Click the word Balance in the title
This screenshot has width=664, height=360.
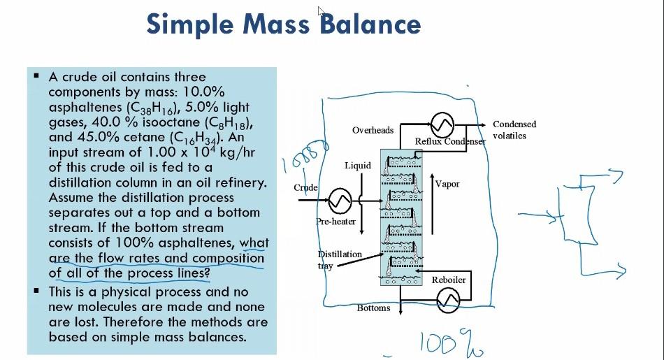click(370, 24)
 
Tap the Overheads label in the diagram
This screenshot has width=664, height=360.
click(373, 130)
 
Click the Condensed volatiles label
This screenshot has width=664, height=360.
click(514, 130)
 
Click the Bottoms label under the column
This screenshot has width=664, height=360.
click(373, 308)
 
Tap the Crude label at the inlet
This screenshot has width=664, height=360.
click(306, 187)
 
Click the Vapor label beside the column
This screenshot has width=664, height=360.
click(447, 185)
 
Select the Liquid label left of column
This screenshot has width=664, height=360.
click(358, 166)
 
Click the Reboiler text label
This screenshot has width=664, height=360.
click(448, 280)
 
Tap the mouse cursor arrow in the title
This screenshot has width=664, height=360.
click(322, 10)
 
